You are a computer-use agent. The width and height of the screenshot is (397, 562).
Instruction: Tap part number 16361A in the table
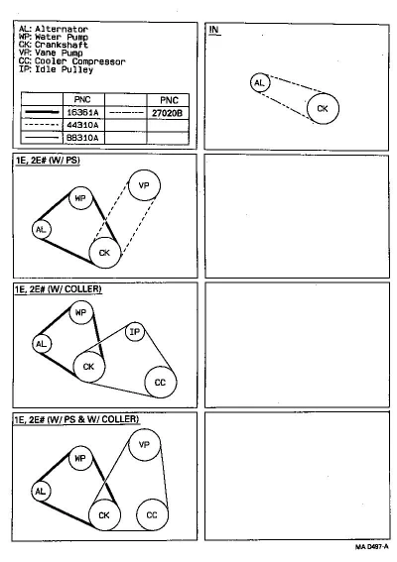82,113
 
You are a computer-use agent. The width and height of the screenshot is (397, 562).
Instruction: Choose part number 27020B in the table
168,113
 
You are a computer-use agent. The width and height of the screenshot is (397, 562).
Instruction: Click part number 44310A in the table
82,125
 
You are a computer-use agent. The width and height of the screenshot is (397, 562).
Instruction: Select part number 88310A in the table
82,138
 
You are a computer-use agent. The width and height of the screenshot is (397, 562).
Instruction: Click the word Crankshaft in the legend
62,45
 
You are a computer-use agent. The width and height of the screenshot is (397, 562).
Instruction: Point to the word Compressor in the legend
98,61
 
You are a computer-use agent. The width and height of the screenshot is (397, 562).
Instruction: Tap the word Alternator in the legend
62,29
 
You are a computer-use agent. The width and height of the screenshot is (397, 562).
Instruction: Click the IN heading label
214,30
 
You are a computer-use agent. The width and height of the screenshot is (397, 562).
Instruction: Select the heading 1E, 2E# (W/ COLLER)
58,288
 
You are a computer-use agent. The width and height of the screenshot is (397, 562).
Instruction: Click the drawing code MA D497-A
372,547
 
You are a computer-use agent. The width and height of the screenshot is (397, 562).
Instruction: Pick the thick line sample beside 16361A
43,113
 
